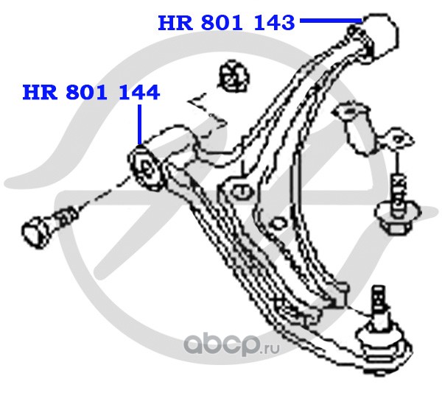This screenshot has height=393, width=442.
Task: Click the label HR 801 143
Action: point(226,23)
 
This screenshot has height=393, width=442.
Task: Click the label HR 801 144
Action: point(91,93)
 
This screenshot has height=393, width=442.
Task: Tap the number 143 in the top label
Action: point(274,23)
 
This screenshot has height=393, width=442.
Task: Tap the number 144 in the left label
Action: point(139,93)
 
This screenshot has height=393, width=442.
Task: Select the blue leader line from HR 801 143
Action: point(329,21)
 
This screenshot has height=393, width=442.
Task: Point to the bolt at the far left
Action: point(44,224)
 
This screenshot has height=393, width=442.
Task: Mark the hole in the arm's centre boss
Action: point(241,191)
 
